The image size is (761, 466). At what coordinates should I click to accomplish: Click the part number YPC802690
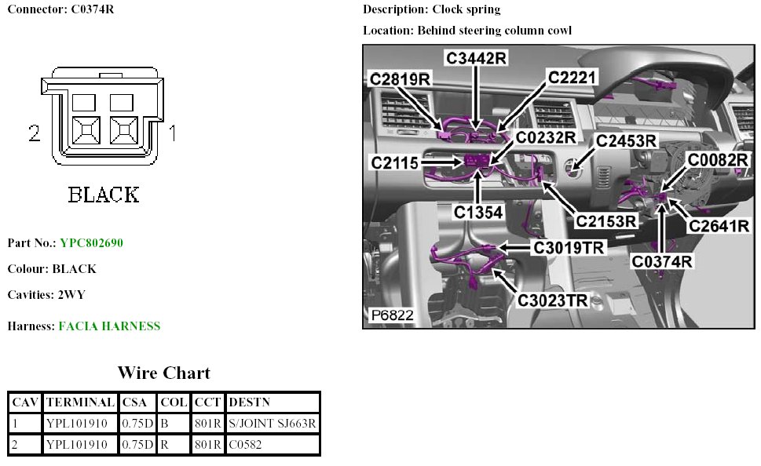coord(92,243)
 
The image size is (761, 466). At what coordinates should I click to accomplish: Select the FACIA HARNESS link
coord(109,326)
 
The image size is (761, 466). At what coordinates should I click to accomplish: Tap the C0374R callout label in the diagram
coord(663,261)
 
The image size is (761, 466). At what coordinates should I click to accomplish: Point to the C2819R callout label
coord(401,78)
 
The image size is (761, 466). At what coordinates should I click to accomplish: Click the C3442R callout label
coord(477,57)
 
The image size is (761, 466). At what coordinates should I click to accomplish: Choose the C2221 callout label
coord(573,77)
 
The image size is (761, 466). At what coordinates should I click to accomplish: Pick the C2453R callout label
coord(626,140)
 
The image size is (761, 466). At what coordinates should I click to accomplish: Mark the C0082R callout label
coord(718,160)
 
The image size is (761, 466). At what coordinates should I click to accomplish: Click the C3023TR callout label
coord(552,300)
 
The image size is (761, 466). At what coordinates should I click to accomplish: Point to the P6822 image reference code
coord(392,315)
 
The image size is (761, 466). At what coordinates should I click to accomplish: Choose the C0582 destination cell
coord(244,445)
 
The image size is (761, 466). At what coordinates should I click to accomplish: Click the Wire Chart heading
coord(164,373)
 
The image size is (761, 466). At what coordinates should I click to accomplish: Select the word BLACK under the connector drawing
coord(104,195)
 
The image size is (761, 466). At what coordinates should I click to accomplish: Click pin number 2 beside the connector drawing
coord(34,134)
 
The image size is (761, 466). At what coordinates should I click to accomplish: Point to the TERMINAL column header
coord(80,402)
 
